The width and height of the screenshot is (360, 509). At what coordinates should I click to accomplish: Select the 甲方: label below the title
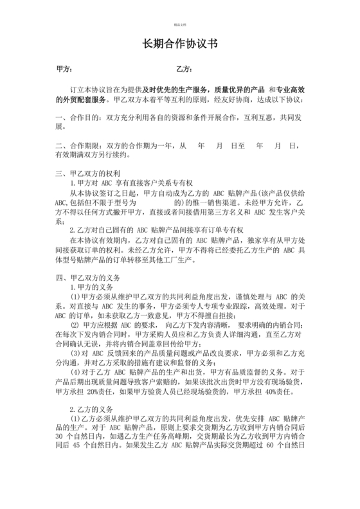(x=64, y=69)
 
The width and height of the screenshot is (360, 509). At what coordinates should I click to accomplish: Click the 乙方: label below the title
(x=183, y=69)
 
